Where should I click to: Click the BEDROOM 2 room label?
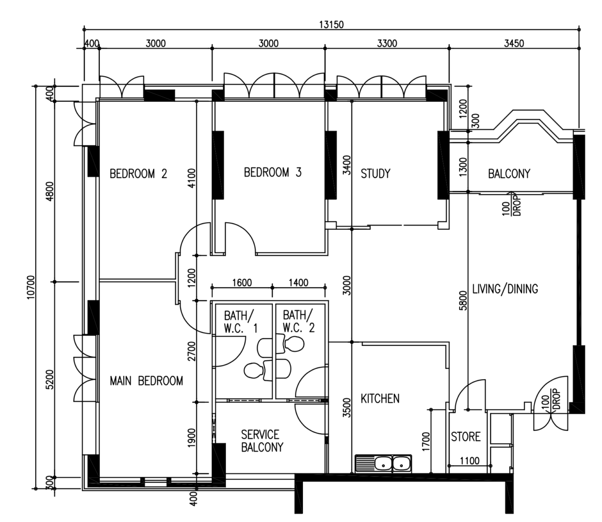pyautogui.click(x=138, y=173)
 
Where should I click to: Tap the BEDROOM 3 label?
pyautogui.click(x=273, y=172)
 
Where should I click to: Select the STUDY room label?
pyautogui.click(x=375, y=173)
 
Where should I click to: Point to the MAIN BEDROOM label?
pyautogui.click(x=146, y=381)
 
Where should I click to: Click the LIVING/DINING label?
pyautogui.click(x=505, y=289)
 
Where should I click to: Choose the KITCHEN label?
pyautogui.click(x=380, y=399)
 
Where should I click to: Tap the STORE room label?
pyautogui.click(x=466, y=437)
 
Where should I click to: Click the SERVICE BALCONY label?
pyautogui.click(x=262, y=441)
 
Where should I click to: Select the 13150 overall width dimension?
pyautogui.click(x=331, y=25)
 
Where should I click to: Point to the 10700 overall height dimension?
pyautogui.click(x=31, y=287)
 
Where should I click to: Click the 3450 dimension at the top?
pyautogui.click(x=514, y=44)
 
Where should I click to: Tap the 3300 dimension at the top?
pyautogui.click(x=387, y=44)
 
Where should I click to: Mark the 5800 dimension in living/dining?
pyautogui.click(x=463, y=300)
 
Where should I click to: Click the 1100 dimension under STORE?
pyautogui.click(x=470, y=460)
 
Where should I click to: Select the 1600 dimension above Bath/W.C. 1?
pyautogui.click(x=242, y=283)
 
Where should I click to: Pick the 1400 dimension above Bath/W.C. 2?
pyautogui.click(x=298, y=283)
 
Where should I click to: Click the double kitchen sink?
pyautogui.click(x=383, y=464)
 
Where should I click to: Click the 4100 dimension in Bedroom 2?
pyautogui.click(x=191, y=178)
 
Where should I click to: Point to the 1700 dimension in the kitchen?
pyautogui.click(x=426, y=441)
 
